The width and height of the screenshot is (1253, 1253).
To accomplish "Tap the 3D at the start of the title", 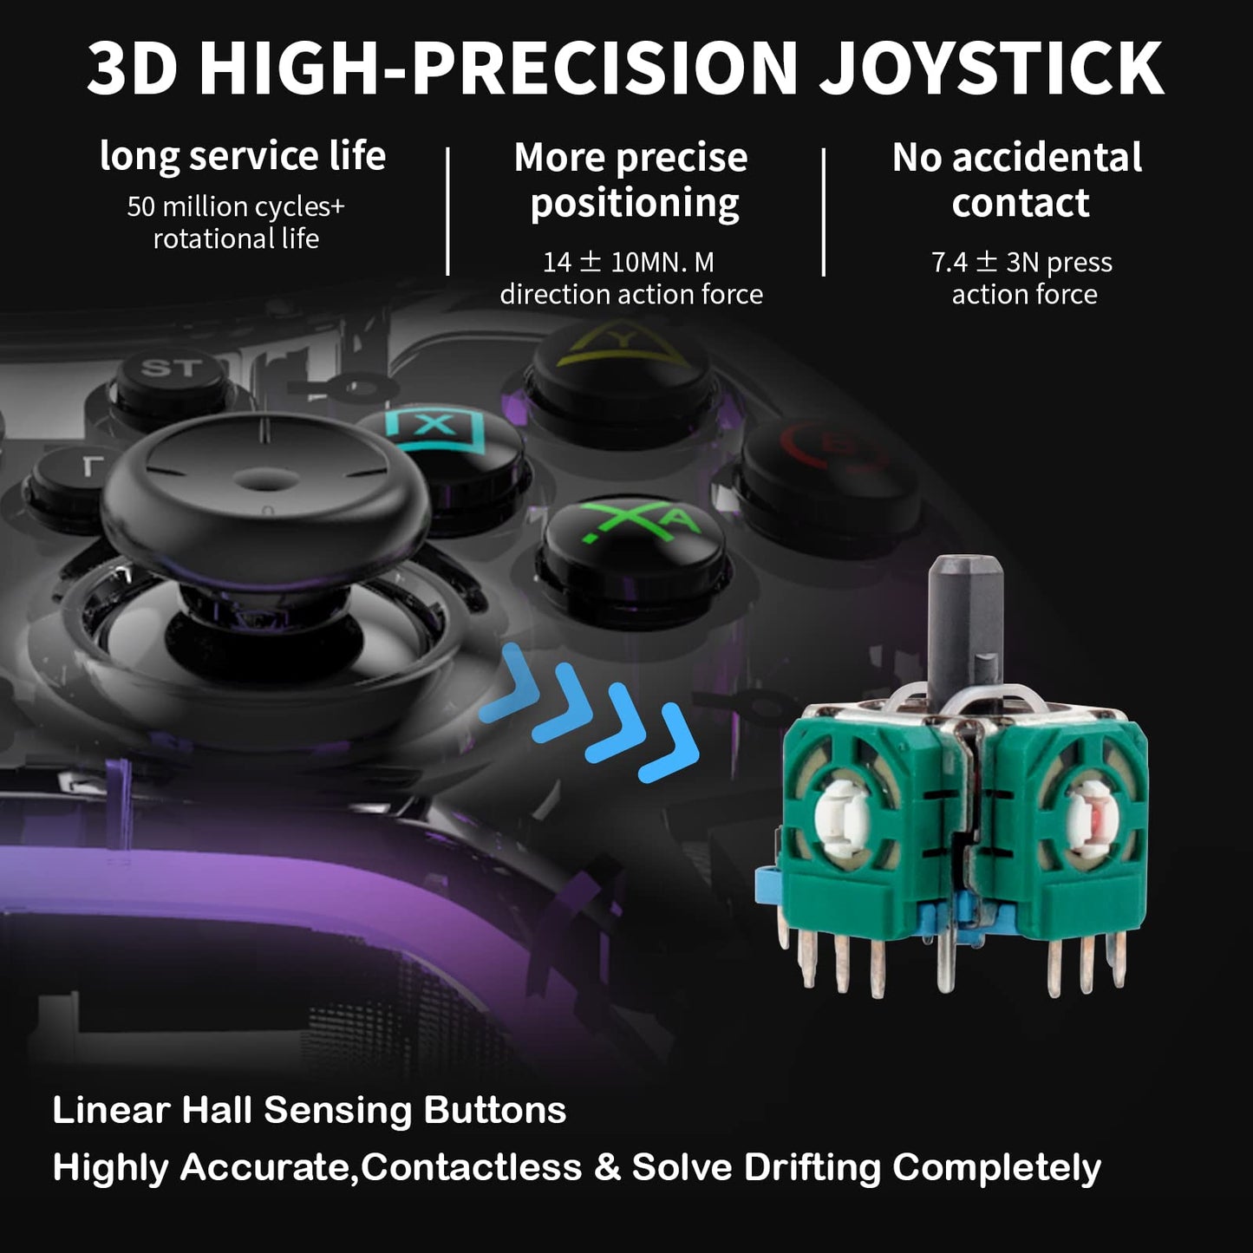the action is coord(132,69).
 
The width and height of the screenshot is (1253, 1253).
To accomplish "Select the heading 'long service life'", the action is coord(243,156).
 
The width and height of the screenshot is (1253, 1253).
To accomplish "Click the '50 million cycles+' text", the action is coord(235,206).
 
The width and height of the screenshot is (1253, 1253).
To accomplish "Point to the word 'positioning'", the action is coord(635,205).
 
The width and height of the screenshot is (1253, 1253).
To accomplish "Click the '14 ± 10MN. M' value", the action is coord(629,263).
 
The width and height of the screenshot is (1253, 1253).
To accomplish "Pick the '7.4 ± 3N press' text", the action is coord(1022,263).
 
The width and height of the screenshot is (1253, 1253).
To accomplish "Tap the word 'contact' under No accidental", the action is coord(1021,203).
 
